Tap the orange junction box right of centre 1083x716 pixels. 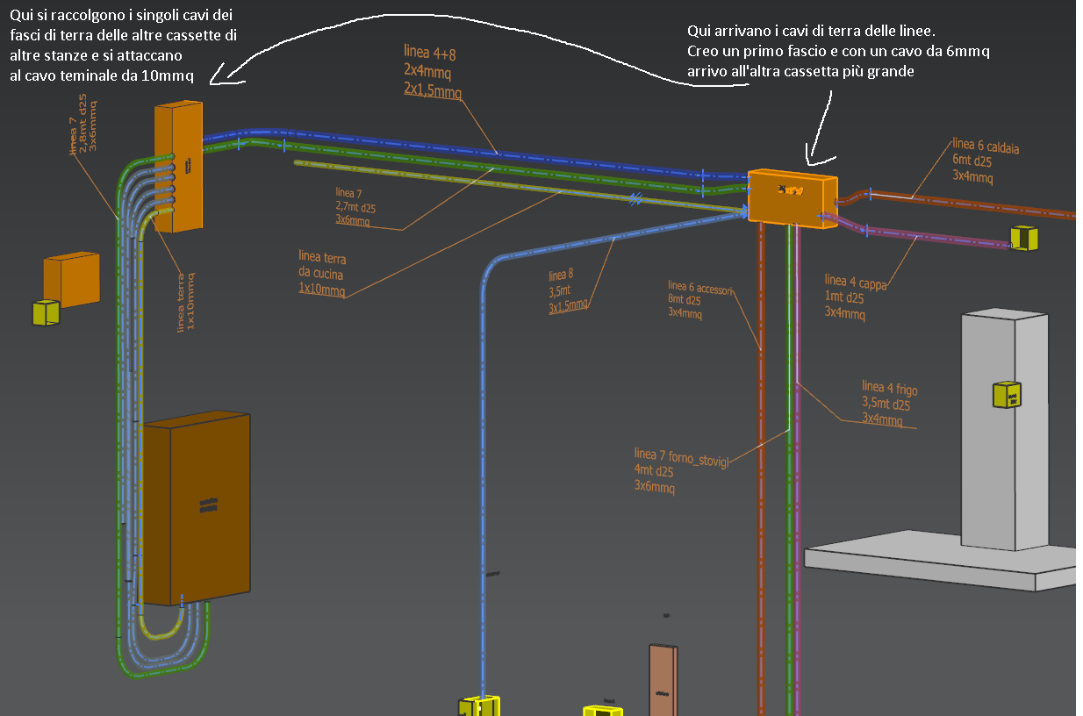click(x=792, y=199)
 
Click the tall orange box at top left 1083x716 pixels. click(x=179, y=167)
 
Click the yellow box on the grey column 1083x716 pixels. click(x=1006, y=395)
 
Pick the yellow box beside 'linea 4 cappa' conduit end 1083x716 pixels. click(x=1023, y=238)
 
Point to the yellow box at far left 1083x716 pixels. click(x=45, y=313)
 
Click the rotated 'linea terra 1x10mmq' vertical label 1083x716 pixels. click(x=185, y=302)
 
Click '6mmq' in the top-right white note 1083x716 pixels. click(x=968, y=52)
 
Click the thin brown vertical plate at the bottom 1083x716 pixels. click(x=663, y=680)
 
